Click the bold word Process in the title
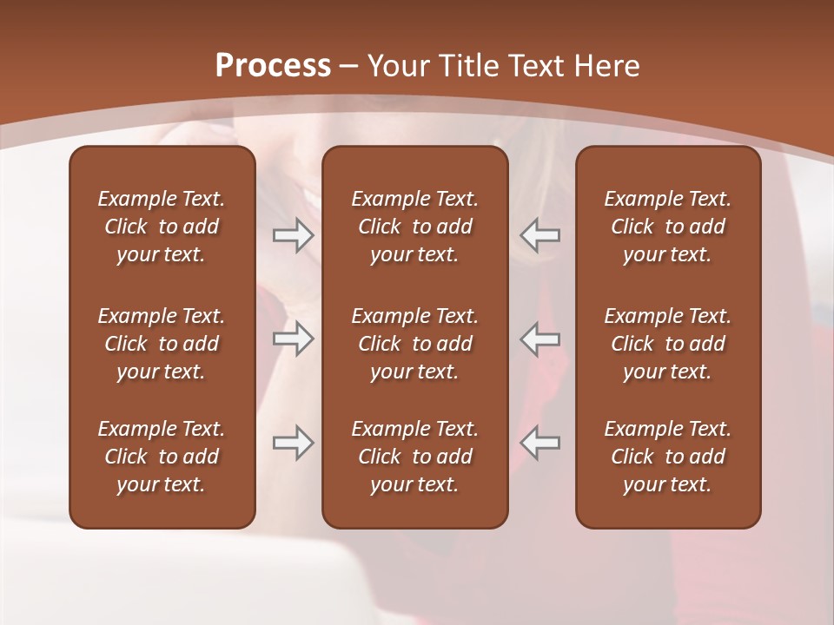(x=273, y=66)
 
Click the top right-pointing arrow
(x=293, y=235)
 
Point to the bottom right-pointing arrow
(x=293, y=443)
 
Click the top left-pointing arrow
(x=540, y=235)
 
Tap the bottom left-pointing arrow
(x=540, y=443)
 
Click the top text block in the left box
(x=162, y=227)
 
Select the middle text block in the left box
(x=162, y=344)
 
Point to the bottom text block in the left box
(x=162, y=457)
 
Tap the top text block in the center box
(x=414, y=227)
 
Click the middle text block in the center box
(x=414, y=344)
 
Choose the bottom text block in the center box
(x=414, y=457)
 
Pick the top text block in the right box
(x=667, y=227)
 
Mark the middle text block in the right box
(x=667, y=344)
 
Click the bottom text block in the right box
(x=667, y=457)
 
